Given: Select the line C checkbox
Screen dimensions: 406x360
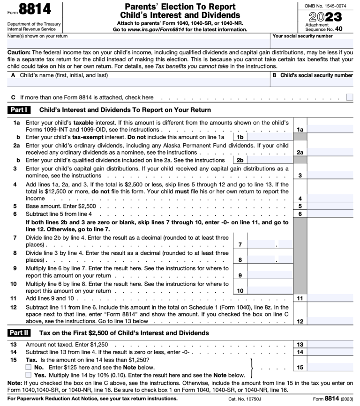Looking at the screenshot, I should (x=349, y=97).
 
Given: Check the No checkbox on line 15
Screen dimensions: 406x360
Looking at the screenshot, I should (x=29, y=367).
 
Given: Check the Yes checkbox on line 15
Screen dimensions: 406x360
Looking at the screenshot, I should (x=29, y=375).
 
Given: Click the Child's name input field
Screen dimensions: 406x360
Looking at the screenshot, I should (x=138, y=83).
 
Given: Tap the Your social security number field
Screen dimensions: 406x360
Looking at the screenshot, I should (x=312, y=43).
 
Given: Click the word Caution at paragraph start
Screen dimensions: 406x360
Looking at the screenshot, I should (x=19, y=52).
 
